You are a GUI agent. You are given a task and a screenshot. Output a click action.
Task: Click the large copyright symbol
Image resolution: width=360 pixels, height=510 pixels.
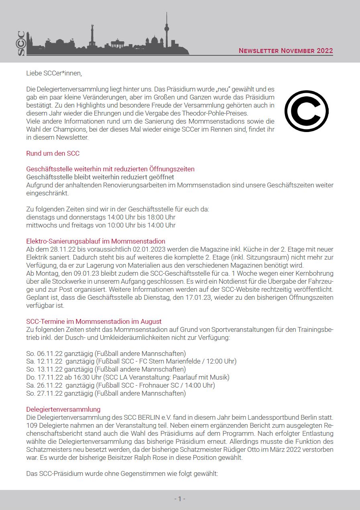306,111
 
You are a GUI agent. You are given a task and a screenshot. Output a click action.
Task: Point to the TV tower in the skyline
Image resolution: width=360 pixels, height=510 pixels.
166,30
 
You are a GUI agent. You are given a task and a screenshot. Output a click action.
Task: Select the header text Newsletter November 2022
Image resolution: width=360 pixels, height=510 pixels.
286,51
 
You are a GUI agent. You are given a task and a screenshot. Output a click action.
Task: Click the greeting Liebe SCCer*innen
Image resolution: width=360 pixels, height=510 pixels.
54,73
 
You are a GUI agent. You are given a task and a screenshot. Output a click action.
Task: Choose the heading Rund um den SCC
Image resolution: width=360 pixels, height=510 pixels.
53,153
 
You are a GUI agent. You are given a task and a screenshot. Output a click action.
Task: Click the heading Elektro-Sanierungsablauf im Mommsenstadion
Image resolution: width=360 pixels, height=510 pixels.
96,241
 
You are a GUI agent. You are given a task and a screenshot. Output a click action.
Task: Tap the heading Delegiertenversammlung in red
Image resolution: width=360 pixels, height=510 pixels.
63,409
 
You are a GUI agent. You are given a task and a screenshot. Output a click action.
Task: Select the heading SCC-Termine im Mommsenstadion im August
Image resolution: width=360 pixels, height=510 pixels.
94,321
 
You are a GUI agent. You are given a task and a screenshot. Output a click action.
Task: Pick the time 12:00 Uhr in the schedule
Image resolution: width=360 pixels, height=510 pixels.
221,361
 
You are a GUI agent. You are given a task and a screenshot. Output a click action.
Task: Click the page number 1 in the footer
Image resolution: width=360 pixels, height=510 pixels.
180,499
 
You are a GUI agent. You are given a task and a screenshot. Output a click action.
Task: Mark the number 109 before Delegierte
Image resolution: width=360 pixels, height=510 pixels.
31,425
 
